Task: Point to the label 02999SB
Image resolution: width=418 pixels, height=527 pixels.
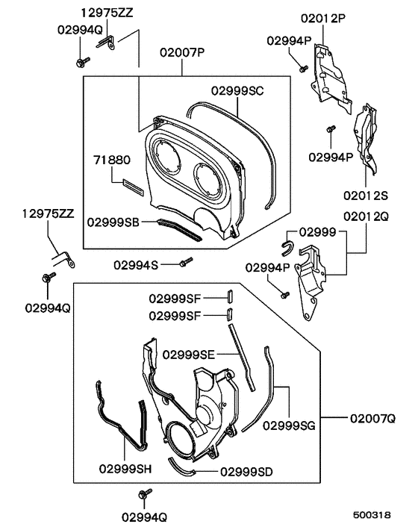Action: [112, 222]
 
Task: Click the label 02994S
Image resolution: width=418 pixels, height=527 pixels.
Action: [136, 264]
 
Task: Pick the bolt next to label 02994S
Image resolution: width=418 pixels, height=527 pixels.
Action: [185, 262]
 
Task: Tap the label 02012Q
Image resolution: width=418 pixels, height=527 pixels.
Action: [366, 216]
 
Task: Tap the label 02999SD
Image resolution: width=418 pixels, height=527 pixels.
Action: [246, 472]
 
